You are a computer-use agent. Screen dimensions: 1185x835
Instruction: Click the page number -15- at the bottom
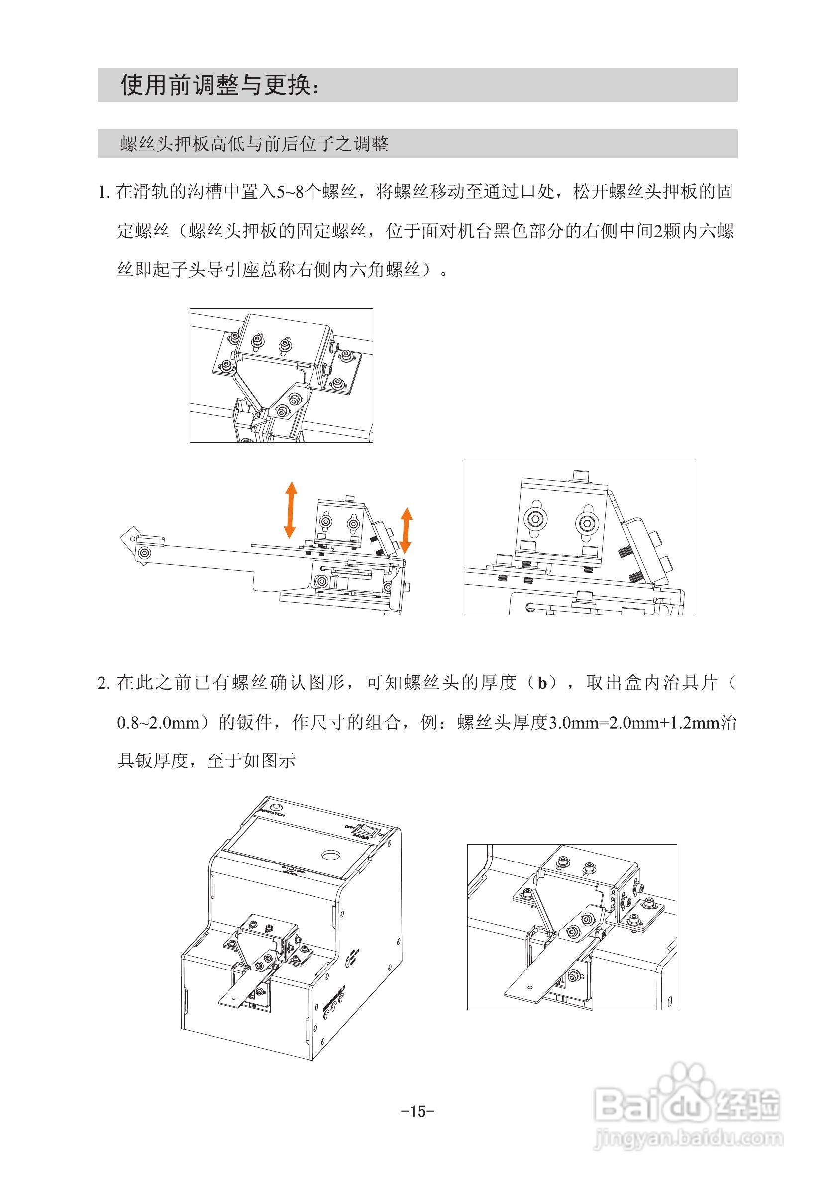click(x=417, y=1111)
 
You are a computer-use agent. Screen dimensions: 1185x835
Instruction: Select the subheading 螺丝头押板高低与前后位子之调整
click(x=254, y=144)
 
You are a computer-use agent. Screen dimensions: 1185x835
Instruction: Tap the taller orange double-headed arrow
click(x=291, y=510)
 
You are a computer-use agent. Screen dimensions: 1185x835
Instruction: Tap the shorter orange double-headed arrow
click(x=406, y=530)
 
